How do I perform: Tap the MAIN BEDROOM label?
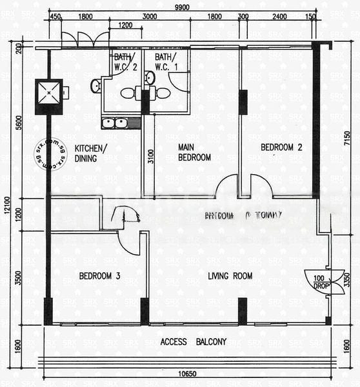194,152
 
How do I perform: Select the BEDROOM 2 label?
281,147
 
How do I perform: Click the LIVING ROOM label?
230,276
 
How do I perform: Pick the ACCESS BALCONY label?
194,342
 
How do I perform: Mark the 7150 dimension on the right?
347,138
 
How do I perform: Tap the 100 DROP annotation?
318,282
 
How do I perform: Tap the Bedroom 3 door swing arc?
129,244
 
